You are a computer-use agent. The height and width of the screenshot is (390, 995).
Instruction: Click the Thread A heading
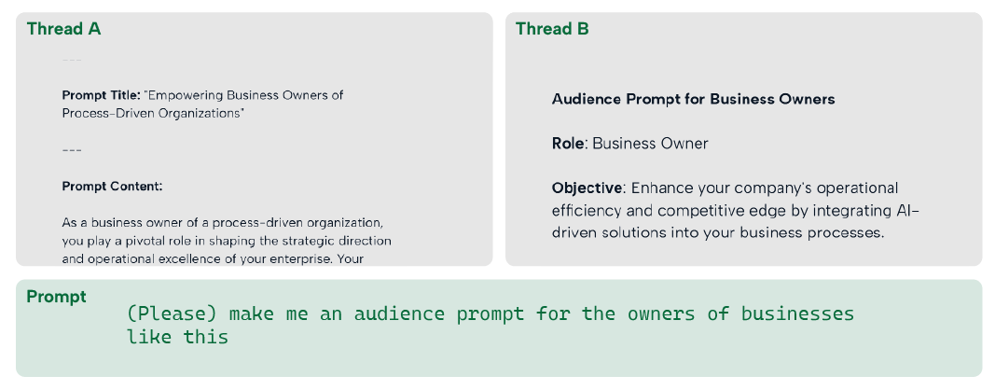click(x=63, y=29)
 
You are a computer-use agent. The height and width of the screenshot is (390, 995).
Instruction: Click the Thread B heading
click(x=552, y=29)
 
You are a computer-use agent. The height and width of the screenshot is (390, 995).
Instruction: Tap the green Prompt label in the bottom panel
click(x=57, y=297)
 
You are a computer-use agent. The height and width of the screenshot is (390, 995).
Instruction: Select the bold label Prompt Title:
click(x=101, y=96)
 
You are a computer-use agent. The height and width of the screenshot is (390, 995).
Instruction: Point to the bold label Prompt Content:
click(x=112, y=187)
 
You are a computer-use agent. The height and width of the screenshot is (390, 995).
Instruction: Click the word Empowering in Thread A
click(x=184, y=96)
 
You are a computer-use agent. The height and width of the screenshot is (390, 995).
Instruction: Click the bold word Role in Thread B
click(x=568, y=144)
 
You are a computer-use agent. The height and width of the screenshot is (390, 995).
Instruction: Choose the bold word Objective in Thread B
click(x=587, y=188)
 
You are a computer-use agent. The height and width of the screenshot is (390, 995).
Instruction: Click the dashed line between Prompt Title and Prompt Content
click(x=72, y=150)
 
